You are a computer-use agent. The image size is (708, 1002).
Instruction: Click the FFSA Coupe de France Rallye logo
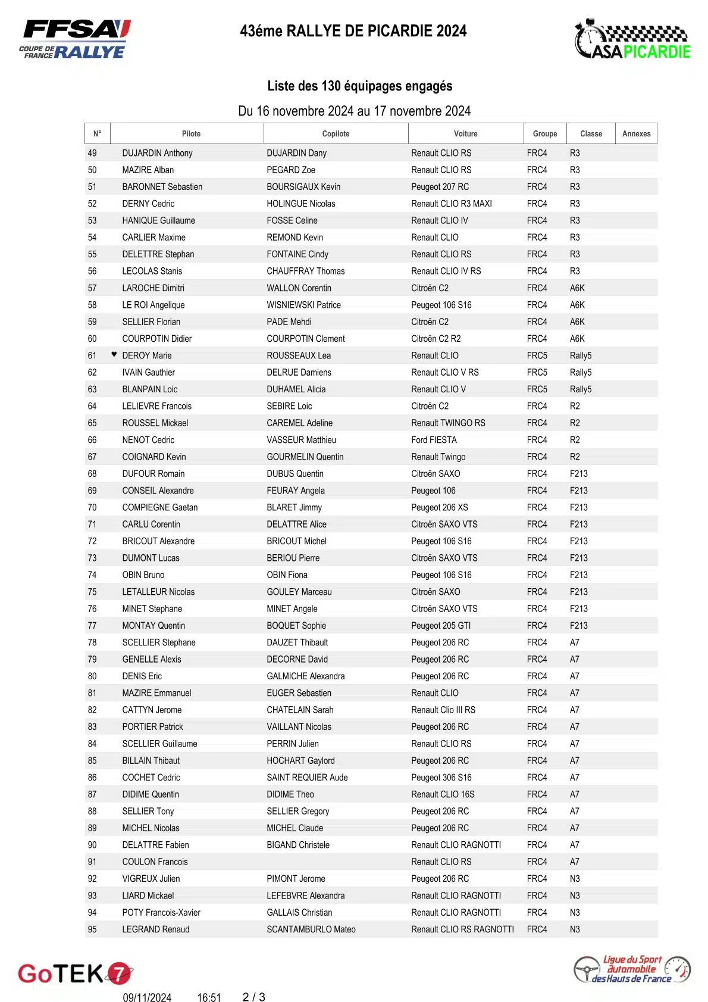coord(74,39)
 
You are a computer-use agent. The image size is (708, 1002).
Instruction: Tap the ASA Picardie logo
coord(632,40)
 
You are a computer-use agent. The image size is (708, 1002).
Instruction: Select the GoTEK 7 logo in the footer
coord(75,973)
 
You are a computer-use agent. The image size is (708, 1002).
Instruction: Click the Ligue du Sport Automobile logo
coord(632,969)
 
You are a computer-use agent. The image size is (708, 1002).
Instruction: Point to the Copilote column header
coord(336,134)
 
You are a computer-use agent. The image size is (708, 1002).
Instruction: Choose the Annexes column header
coord(636,134)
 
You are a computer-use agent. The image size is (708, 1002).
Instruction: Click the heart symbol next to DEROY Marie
coord(114,354)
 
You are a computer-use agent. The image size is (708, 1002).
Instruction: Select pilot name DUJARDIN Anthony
coord(157,153)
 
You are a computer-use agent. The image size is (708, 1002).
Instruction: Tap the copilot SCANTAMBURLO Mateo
coord(311,929)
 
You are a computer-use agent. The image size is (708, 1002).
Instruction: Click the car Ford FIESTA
coord(434,440)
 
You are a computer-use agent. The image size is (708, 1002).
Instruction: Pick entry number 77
coord(92,626)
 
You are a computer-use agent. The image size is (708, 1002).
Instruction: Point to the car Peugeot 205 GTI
coord(440,626)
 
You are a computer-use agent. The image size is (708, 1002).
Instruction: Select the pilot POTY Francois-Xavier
coord(161,913)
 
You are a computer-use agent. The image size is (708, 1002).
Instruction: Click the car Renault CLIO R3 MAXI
coord(451,204)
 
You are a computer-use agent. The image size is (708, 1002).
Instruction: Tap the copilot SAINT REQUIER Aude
coord(307,778)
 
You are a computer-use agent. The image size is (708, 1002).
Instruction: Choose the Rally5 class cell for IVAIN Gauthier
coord(580,373)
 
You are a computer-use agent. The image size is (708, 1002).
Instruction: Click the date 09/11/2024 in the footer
coord(147,998)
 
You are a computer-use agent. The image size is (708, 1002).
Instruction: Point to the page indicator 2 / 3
coord(254,997)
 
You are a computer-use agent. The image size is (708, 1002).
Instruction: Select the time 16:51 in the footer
coord(209,998)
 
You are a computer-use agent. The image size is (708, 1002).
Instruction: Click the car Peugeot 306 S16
coord(441,778)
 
